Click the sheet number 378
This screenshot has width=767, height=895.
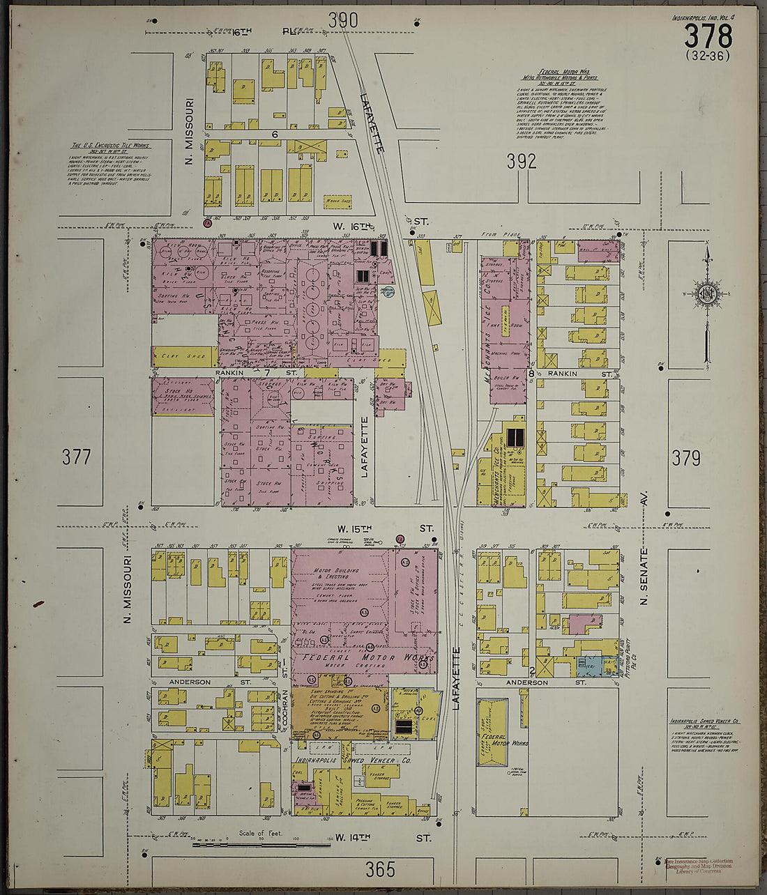tap(708, 35)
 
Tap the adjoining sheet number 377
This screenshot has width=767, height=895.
tap(76, 457)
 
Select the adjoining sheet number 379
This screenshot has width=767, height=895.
tap(686, 458)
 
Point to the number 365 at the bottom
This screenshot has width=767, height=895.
tap(380, 869)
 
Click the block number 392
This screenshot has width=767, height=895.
tap(522, 162)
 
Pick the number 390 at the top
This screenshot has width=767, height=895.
tap(343, 20)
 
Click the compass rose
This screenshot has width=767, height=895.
tap(707, 291)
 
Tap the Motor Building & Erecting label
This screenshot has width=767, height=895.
tap(337, 574)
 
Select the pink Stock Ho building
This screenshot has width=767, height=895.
tap(183, 397)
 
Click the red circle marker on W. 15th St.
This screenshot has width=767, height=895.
tap(400, 539)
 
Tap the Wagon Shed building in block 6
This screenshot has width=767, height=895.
tap(338, 203)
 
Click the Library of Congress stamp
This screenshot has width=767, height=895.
tap(701, 866)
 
